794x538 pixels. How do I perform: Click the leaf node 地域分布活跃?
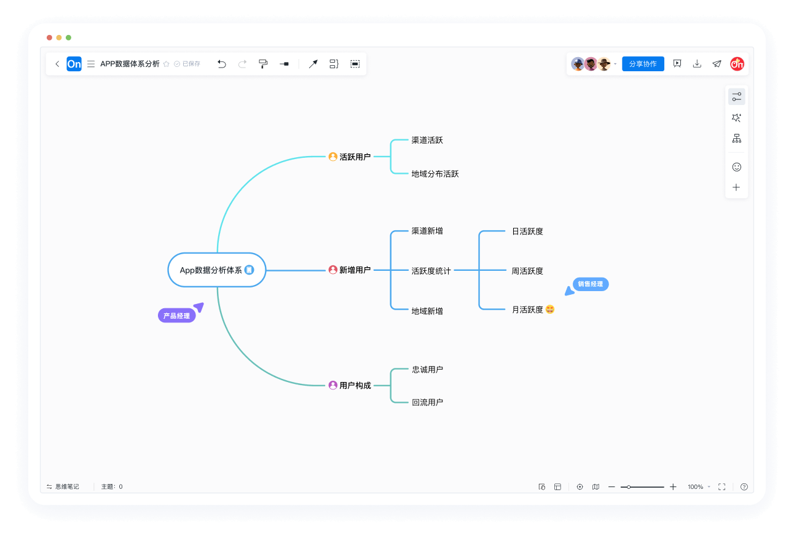click(x=435, y=174)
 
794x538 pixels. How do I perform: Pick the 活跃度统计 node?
click(x=431, y=270)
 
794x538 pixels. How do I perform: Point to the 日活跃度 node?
click(x=527, y=232)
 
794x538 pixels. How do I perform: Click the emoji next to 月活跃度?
click(x=550, y=310)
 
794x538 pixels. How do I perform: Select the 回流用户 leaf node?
click(x=427, y=402)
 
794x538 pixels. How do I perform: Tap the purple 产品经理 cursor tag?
click(x=177, y=316)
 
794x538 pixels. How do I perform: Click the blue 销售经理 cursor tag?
click(x=591, y=284)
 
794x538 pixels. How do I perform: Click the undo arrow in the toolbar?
click(x=222, y=64)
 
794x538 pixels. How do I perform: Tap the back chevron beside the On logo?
click(x=57, y=64)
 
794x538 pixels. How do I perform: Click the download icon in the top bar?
click(x=697, y=64)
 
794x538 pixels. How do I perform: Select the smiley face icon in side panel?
click(x=736, y=167)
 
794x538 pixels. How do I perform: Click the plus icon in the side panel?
click(x=736, y=187)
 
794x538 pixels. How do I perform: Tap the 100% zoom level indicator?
click(x=696, y=486)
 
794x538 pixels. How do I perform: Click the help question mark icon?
click(x=744, y=486)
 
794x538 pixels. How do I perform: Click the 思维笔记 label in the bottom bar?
click(x=66, y=486)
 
